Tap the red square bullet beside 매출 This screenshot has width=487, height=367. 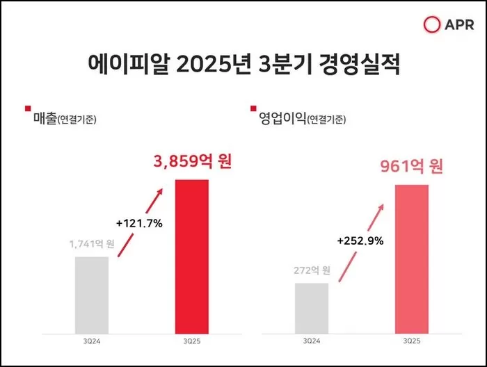click(27, 108)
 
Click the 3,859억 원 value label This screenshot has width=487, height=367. click(191, 162)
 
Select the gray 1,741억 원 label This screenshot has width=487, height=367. click(92, 244)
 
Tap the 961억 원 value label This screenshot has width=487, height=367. click(411, 167)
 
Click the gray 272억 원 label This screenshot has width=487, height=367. click(311, 270)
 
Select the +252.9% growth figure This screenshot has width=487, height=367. click(360, 241)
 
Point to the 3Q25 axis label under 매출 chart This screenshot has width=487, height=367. click(191, 341)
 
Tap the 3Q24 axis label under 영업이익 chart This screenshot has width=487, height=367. click(311, 341)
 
